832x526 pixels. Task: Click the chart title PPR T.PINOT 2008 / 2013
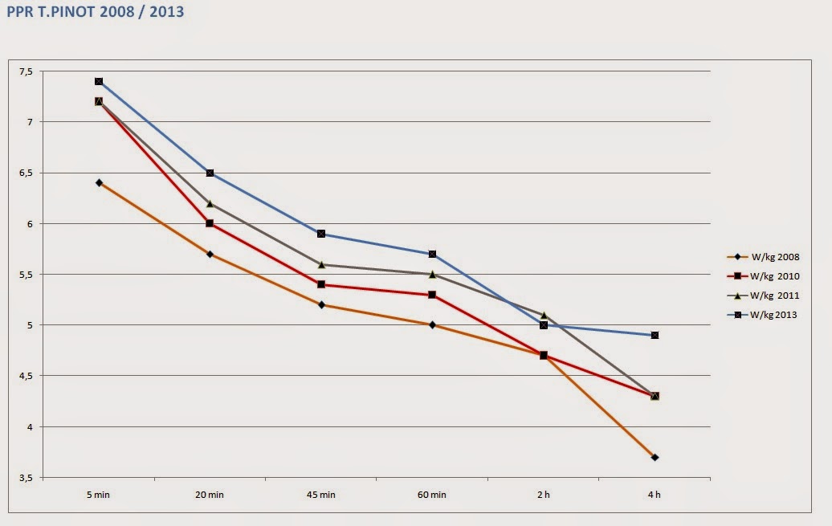click(x=95, y=14)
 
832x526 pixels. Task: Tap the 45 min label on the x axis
click(x=321, y=495)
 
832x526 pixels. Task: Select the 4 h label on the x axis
click(x=655, y=495)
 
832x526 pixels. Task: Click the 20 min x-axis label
click(x=210, y=495)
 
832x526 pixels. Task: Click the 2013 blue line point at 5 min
click(x=99, y=81)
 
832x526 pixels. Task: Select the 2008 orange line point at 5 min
click(x=99, y=183)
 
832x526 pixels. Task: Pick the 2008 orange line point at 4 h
click(x=655, y=457)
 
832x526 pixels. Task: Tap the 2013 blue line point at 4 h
click(x=655, y=335)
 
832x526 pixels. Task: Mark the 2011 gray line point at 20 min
click(x=210, y=203)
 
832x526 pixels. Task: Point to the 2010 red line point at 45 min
click(x=321, y=284)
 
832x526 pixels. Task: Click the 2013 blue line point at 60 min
click(x=433, y=254)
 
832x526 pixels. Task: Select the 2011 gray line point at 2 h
click(x=544, y=315)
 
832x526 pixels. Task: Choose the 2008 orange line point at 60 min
click(x=433, y=325)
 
